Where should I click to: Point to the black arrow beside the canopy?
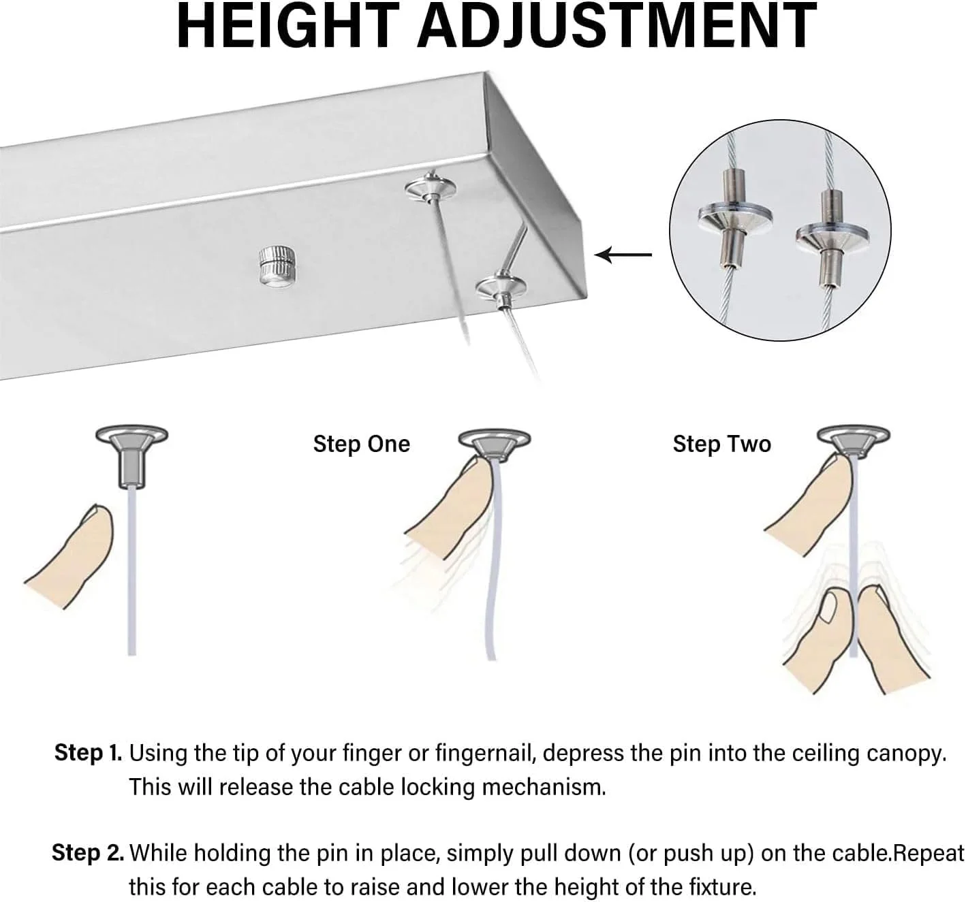click(623, 255)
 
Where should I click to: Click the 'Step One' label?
click(362, 444)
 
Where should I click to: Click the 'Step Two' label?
click(722, 444)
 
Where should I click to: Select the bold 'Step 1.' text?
click(88, 752)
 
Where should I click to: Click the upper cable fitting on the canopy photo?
click(431, 188)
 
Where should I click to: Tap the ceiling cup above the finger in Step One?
click(494, 443)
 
